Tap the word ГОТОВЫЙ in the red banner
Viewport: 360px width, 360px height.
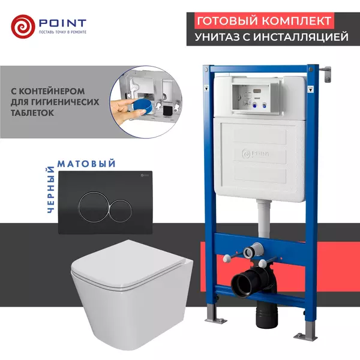pyautogui.click(x=226, y=20)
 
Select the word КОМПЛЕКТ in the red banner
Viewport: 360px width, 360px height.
pyautogui.click(x=299, y=20)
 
